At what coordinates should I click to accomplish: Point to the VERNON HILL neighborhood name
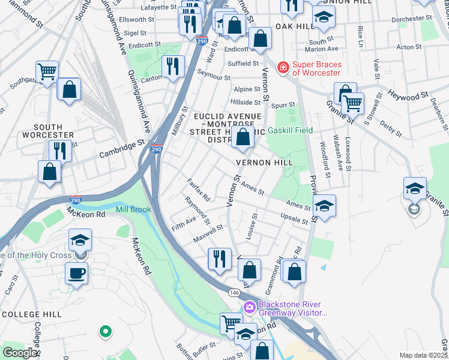click(x=264, y=163)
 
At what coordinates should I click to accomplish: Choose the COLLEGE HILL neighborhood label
click(x=31, y=314)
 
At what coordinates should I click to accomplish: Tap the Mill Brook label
click(x=133, y=209)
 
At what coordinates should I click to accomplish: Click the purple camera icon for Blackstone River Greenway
click(x=250, y=308)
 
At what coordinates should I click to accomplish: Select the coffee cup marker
click(x=76, y=274)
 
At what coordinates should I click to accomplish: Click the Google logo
click(x=20, y=353)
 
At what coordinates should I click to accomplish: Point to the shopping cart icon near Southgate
click(x=47, y=72)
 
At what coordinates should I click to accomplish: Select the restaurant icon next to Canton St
click(x=173, y=66)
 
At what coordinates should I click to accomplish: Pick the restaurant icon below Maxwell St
click(x=219, y=259)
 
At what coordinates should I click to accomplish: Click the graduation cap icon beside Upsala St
click(x=324, y=205)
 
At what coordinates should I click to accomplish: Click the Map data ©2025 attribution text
click(x=423, y=355)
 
